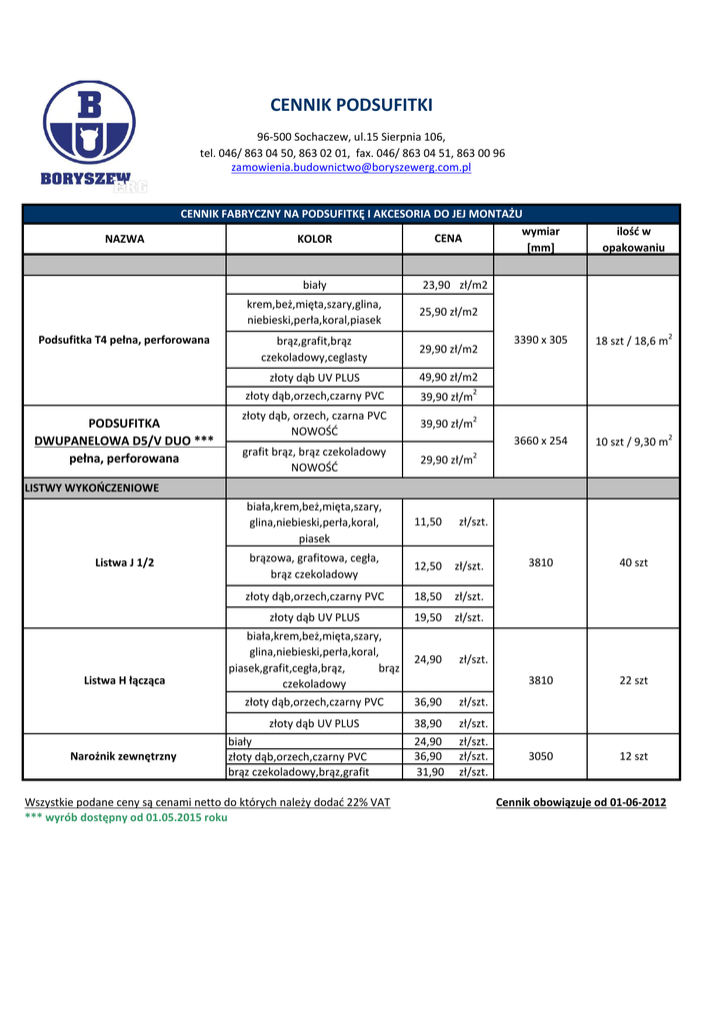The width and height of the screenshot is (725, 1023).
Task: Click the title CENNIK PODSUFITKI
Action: pyautogui.click(x=351, y=106)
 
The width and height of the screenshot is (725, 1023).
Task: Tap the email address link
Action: pyautogui.click(x=351, y=168)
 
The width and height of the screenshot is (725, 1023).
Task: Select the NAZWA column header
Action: pyautogui.click(x=124, y=239)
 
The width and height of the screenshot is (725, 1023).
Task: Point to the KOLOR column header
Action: pyautogui.click(x=314, y=239)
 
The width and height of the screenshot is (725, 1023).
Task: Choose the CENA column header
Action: pyautogui.click(x=448, y=239)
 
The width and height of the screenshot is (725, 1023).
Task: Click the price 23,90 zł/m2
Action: pyautogui.click(x=454, y=285)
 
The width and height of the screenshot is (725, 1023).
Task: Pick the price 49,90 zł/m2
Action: pyautogui.click(x=448, y=378)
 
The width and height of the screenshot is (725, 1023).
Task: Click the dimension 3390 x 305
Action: pyautogui.click(x=540, y=340)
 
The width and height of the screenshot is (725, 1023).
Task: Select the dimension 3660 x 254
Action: pyautogui.click(x=540, y=441)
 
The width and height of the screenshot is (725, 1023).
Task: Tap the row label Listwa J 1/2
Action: pyautogui.click(x=124, y=562)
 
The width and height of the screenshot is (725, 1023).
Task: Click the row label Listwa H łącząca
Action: pyautogui.click(x=124, y=680)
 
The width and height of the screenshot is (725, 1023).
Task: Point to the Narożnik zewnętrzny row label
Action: pyautogui.click(x=124, y=756)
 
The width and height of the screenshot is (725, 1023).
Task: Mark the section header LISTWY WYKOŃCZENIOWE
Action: pyautogui.click(x=92, y=488)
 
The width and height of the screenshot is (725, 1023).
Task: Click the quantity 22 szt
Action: pyautogui.click(x=633, y=680)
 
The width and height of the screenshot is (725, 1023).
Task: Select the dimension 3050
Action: pyautogui.click(x=540, y=756)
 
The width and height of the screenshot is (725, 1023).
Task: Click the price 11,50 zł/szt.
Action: pyautogui.click(x=448, y=521)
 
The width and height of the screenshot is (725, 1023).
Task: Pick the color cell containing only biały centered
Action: pyautogui.click(x=314, y=285)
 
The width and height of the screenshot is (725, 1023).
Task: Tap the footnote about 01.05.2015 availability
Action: pyautogui.click(x=126, y=817)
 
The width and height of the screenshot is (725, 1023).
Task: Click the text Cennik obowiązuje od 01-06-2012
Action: pyautogui.click(x=581, y=802)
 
